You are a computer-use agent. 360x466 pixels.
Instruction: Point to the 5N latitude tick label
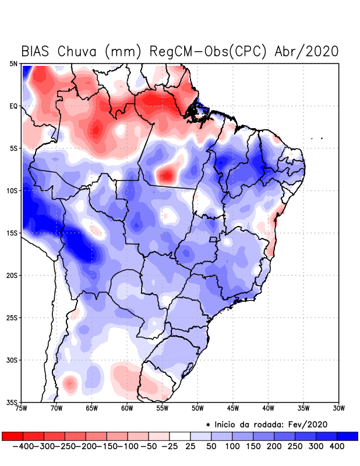13,64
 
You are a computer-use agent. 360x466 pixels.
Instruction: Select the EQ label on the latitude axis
13,107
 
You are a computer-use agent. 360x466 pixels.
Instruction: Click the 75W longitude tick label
22,409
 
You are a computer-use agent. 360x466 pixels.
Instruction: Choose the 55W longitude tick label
163,409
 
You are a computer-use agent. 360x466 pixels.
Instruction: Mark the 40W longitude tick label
269,409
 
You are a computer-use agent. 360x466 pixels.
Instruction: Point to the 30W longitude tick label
339,409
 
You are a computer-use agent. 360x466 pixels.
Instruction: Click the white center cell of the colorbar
180,436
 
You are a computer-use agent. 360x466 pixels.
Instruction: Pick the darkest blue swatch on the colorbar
347,436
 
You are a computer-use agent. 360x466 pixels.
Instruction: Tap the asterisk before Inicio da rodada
207,425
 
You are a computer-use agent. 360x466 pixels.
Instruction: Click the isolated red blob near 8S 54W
168,174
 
